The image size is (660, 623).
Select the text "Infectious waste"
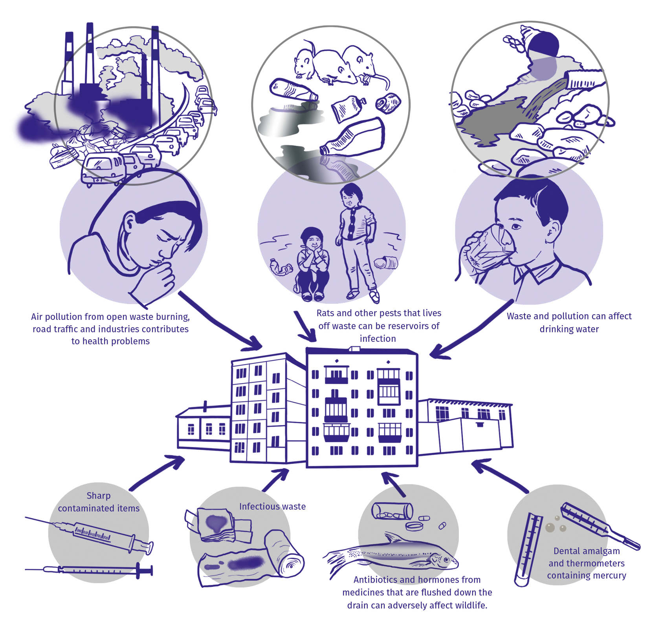[x=272, y=506]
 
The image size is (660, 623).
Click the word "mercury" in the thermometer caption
[x=610, y=576]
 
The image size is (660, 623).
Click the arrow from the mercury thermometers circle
[x=499, y=476]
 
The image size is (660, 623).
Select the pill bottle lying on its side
[x=392, y=510]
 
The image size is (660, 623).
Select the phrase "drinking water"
[x=569, y=329]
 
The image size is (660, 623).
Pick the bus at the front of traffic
[x=103, y=169]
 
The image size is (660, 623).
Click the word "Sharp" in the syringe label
[x=99, y=496]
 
